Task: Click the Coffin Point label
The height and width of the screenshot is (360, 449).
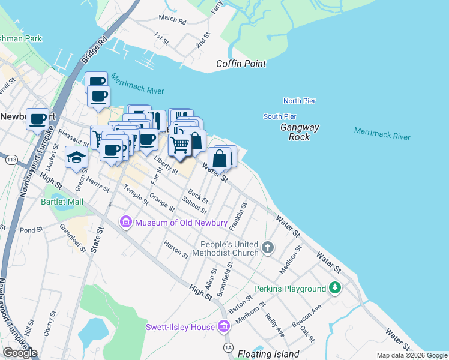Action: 241,64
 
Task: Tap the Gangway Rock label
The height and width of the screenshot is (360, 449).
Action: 300,132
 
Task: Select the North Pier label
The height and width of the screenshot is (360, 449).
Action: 300,101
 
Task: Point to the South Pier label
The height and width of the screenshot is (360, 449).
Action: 280,116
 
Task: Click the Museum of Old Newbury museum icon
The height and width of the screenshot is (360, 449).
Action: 125,223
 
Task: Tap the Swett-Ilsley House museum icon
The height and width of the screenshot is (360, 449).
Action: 223,327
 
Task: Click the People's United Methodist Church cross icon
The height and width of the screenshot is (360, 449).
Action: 268,246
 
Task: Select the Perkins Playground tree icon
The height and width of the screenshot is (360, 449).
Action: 336,289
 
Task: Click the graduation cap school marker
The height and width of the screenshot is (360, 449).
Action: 77,157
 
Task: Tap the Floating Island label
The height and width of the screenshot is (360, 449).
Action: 268,354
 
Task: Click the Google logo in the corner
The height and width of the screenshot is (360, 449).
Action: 20,352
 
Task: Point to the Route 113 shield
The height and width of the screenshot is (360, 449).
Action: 11,160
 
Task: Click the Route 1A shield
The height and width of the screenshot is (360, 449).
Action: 228,347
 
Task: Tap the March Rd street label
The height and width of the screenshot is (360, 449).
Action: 173,20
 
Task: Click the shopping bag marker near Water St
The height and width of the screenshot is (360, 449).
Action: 220,159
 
